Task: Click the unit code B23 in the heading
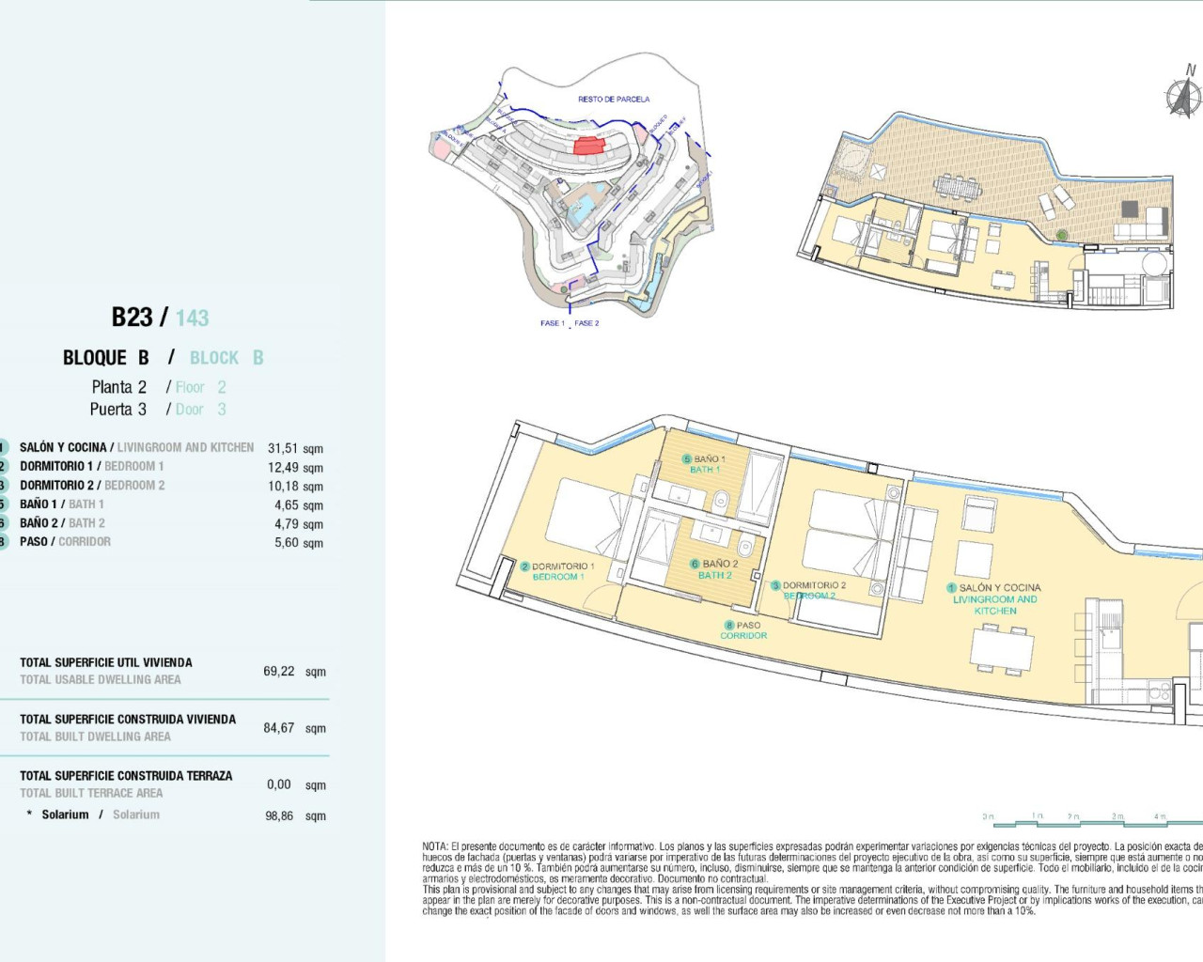coord(132,318)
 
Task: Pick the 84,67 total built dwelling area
coord(279,728)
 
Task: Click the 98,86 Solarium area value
coord(279,815)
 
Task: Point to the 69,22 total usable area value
coord(279,672)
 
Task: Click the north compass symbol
coord(1183,96)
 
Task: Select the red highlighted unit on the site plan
coord(588,146)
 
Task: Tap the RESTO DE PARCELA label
coord(614,99)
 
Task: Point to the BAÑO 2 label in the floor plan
coord(720,564)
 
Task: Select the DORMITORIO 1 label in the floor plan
coord(562,566)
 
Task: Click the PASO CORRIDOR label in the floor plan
coord(743,630)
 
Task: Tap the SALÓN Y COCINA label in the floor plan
coord(999,587)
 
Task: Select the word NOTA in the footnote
coord(434,846)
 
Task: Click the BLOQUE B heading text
coord(105,358)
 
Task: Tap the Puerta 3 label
coord(118,410)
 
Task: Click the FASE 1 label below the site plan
coord(552,323)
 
